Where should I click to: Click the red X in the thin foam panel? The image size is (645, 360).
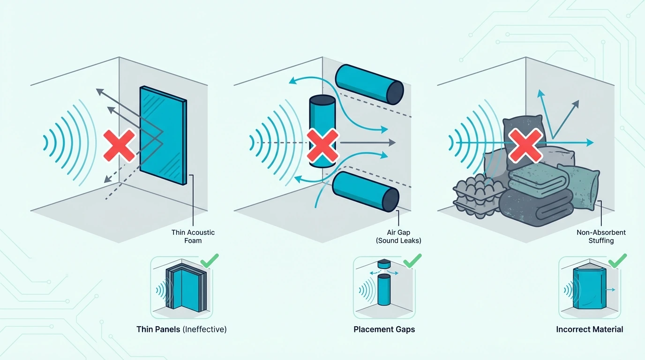tap(119, 145)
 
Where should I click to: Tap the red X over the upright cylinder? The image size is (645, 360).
tap(322, 145)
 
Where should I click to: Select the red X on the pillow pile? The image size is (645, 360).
tap(525, 145)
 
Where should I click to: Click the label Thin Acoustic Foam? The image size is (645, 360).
tap(193, 236)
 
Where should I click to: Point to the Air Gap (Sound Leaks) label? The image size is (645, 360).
tap(398, 236)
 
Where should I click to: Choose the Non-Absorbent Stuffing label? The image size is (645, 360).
tap(601, 236)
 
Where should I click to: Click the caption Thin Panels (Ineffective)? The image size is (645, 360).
tap(181, 329)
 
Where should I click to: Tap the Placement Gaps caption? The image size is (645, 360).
tap(384, 329)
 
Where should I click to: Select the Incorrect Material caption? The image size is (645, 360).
tap(589, 329)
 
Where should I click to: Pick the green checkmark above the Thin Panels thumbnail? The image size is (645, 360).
tap(210, 261)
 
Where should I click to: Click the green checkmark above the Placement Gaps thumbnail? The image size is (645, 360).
tap(412, 261)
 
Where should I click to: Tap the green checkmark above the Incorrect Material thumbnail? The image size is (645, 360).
tap(617, 261)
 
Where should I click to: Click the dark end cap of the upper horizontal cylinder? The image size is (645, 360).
tap(395, 92)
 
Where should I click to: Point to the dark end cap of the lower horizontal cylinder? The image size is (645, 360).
tap(390, 200)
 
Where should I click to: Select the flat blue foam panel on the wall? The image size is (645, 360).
tap(163, 135)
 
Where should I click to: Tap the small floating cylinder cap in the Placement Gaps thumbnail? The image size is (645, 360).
tap(384, 263)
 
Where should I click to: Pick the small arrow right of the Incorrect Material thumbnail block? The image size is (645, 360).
tap(610, 290)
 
